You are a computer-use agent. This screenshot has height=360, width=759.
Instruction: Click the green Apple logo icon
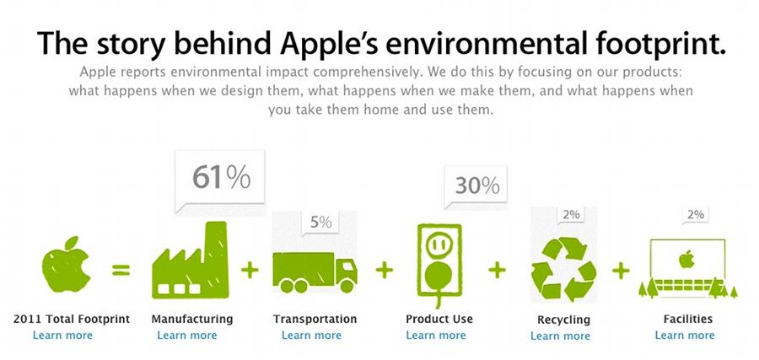[x=66, y=266]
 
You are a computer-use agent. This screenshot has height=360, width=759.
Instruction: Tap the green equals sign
[x=121, y=270]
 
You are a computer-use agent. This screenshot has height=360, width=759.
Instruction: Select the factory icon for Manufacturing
[x=190, y=260]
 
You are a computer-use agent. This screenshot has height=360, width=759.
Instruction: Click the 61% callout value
[x=221, y=177]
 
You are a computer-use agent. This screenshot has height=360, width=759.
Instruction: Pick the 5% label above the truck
[x=321, y=222]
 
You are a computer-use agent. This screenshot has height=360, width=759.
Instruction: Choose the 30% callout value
[x=476, y=185]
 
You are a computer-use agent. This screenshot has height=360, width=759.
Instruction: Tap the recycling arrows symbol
[x=563, y=269]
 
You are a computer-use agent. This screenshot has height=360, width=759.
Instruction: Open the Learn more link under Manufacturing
[x=187, y=336]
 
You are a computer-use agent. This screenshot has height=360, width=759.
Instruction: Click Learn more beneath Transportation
[x=311, y=336]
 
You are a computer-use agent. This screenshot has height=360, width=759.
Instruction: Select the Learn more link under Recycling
[x=560, y=336]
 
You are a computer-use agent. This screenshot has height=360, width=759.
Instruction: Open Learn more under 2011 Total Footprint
[x=62, y=336]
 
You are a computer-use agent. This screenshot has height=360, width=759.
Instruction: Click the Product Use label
[x=439, y=320]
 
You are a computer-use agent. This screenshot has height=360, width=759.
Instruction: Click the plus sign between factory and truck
[x=250, y=270]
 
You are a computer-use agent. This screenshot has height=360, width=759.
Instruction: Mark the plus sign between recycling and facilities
[x=621, y=270]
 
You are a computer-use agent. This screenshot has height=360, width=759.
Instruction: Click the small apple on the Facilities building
[x=686, y=259]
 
